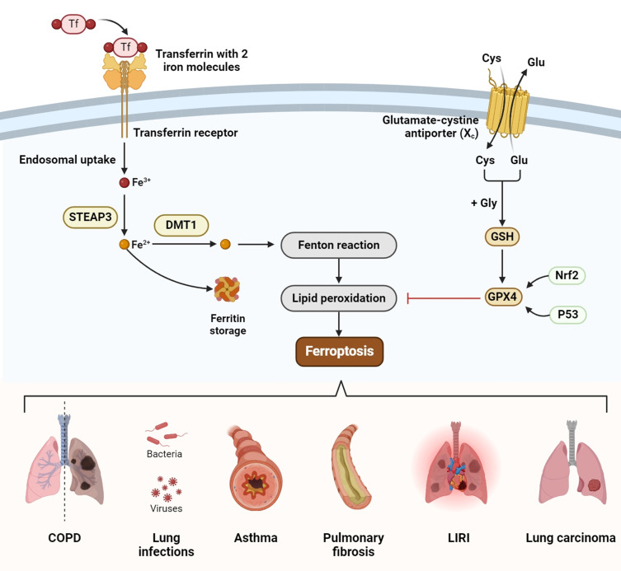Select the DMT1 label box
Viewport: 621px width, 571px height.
point(181,223)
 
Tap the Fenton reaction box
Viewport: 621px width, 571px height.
point(339,246)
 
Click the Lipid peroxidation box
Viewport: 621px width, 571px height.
point(338,297)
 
